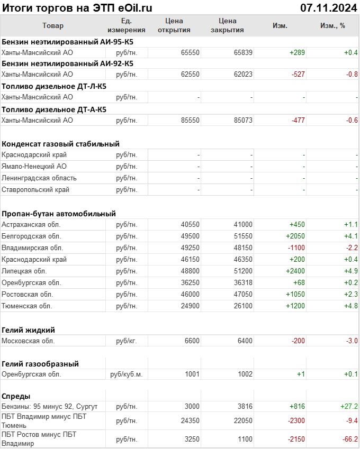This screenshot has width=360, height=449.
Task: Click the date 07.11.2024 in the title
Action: pyautogui.click(x=328, y=7)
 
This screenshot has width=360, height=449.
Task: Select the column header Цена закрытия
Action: pyautogui.click(x=227, y=25)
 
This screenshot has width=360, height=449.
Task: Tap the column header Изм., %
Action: pyautogui.click(x=332, y=25)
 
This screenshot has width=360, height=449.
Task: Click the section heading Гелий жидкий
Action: pyautogui.click(x=29, y=330)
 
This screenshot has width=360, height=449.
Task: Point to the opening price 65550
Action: pyautogui.click(x=190, y=52)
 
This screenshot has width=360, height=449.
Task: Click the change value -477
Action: pyautogui.click(x=298, y=121)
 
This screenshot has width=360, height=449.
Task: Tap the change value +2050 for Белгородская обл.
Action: pyautogui.click(x=295, y=236)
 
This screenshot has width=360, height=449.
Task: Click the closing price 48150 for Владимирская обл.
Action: pyautogui.click(x=243, y=248)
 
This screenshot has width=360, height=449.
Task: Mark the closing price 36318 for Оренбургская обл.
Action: pyautogui.click(x=243, y=283)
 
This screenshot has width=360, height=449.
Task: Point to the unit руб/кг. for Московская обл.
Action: pyautogui.click(x=127, y=341)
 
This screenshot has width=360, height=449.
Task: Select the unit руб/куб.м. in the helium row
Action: pyautogui.click(x=127, y=374)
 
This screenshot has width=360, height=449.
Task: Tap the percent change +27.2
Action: pyautogui.click(x=349, y=407)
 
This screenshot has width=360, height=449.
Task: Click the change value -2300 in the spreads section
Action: pyautogui.click(x=296, y=420)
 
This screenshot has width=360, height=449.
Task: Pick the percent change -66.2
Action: pyautogui.click(x=349, y=439)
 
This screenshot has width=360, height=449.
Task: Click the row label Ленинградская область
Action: pyautogui.click(x=39, y=178)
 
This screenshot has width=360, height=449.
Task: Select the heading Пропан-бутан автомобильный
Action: pyautogui.click(x=59, y=214)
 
